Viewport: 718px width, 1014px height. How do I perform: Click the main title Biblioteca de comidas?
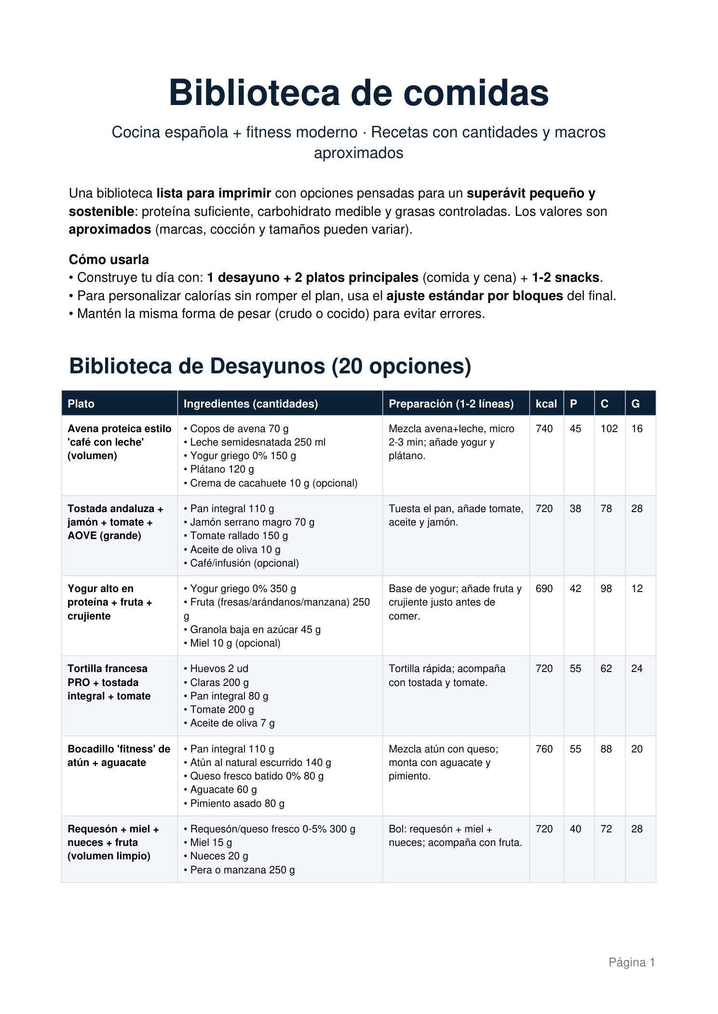pos(359,93)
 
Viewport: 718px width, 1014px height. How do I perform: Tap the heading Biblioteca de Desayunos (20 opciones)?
pos(270,366)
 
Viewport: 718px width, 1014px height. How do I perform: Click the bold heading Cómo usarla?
pos(109,260)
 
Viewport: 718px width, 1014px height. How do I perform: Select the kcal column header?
pos(546,404)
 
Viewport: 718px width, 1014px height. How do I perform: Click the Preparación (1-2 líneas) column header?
pos(451,404)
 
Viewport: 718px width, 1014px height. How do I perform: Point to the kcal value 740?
pos(544,429)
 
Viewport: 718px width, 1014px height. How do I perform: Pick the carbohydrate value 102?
pos(609,429)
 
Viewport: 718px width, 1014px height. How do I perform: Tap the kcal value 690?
pos(544,589)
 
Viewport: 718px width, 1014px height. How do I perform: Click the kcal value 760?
pos(544,749)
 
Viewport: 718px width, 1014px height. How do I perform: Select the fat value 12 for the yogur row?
pos(637,589)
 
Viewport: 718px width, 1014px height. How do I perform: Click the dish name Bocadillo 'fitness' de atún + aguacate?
pos(119,756)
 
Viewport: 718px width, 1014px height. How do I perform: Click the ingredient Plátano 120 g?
pos(222,469)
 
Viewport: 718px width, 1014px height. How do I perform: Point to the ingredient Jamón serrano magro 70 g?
pos(252,522)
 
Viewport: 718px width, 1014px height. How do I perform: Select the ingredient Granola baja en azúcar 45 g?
pos(255,630)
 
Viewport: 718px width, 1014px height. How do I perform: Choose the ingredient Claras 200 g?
pos(219,683)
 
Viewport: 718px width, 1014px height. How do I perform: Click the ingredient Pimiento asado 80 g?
pos(237,803)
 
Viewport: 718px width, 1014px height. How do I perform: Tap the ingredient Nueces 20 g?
pos(219,856)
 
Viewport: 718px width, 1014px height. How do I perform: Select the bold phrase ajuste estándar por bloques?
pos(474,296)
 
